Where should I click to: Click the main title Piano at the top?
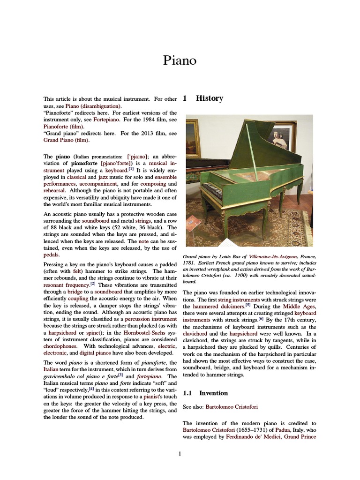point(180,60)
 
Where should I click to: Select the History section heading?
point(209,98)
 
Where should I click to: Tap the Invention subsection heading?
point(213,393)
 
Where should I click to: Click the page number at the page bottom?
point(180,453)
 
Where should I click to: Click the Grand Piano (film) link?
point(66,140)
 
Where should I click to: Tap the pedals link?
point(51,255)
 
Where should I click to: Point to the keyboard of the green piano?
point(210,190)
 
